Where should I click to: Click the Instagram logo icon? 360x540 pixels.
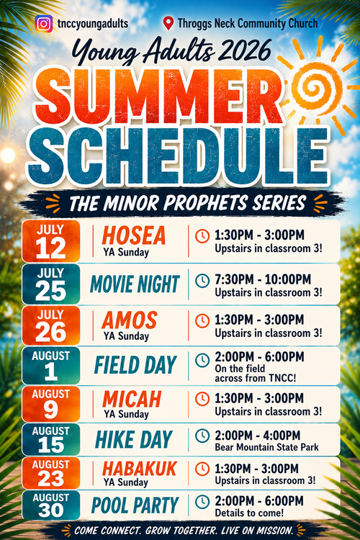44,24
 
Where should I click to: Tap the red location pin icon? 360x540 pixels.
168,24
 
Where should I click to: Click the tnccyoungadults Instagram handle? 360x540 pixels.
93,24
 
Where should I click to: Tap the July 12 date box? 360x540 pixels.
51,241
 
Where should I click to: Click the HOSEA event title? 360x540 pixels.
134,235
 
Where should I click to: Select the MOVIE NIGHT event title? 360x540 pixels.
135,284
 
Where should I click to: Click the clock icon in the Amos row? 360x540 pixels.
202,320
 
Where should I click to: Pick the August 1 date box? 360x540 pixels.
51,365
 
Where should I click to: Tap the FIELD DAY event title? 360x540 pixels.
135,365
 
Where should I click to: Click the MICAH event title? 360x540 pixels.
132,399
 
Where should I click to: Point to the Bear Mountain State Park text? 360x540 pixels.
266,447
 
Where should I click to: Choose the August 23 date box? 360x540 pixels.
51,473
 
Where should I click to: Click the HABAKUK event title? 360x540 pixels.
140,469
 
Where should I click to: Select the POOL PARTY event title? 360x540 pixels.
135,505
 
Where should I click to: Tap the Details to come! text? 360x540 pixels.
249,513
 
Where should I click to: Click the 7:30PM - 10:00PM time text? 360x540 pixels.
263,279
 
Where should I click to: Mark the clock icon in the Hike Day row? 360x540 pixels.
202,436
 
